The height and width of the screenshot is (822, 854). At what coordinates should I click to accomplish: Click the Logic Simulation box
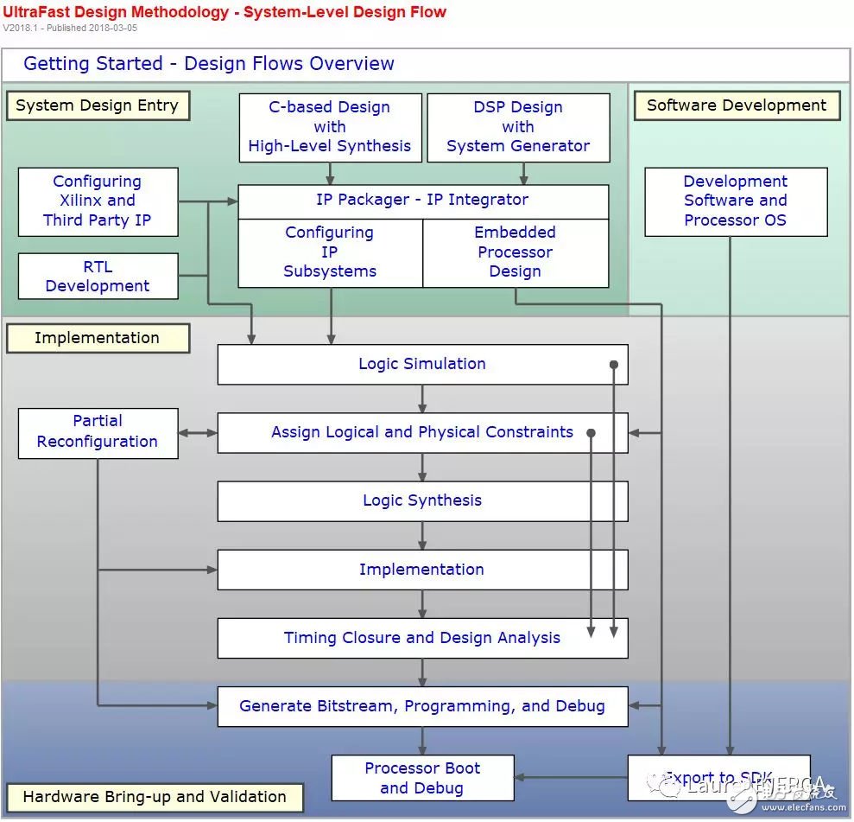point(421,364)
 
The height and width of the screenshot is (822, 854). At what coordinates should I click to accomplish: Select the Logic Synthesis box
point(421,500)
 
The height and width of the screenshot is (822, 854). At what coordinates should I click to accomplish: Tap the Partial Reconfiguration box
point(98,432)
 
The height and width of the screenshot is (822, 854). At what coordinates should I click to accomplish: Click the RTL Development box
point(98,277)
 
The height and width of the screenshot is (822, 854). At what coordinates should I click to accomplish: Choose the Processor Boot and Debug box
point(421,778)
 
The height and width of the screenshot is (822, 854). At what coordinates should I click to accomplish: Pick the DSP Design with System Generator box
point(518,127)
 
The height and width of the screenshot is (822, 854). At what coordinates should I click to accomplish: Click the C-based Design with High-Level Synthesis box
point(330,127)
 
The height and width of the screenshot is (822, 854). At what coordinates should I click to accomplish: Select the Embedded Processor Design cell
point(515,252)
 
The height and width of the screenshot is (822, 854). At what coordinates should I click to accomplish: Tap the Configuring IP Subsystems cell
point(330,252)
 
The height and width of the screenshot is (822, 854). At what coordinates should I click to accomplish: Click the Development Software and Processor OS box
point(736,201)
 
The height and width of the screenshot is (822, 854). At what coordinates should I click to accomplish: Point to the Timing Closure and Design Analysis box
point(421,638)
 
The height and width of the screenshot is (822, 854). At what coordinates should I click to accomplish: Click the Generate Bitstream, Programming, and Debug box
point(421,706)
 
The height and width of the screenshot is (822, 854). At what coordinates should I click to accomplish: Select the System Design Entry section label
point(97,105)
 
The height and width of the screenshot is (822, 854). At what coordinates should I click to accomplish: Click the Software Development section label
point(737,105)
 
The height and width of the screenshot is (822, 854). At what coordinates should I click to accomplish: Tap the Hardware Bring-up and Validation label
point(154,797)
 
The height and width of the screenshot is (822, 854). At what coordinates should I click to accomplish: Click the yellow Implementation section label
point(97,338)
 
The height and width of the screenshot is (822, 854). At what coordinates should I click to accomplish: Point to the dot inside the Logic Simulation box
point(614,365)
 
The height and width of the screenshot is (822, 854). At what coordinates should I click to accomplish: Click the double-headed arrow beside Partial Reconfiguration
point(198,432)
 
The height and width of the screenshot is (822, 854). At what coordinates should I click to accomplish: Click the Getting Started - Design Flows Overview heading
point(209,64)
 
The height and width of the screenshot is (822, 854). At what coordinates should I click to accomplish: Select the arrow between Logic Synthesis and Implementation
point(422,536)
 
